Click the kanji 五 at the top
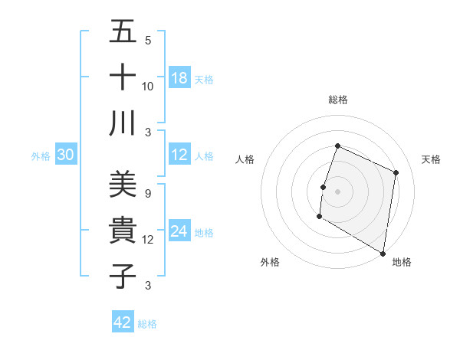(123, 32)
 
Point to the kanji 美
(123, 185)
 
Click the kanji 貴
(123, 230)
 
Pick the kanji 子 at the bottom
(123, 275)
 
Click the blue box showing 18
(179, 78)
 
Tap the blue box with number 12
(179, 155)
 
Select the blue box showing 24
(179, 232)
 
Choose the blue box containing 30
(66, 155)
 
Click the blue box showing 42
(123, 322)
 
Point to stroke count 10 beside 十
(148, 87)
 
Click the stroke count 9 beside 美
(148, 194)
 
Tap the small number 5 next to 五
(148, 41)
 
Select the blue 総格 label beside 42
(147, 324)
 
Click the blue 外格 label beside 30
(41, 156)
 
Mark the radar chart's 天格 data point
(396, 172)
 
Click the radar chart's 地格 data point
(383, 253)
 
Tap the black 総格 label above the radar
(337, 100)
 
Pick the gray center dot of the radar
(337, 191)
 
